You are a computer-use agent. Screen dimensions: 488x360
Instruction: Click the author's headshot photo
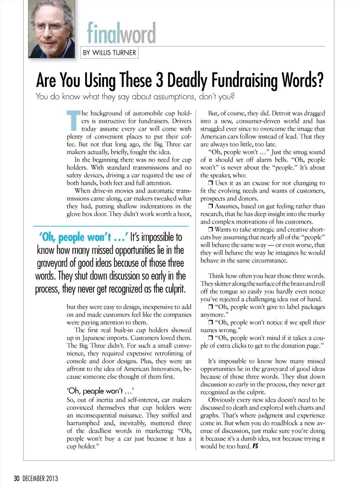pos(51,29)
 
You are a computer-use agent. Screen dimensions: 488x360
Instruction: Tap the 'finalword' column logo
pos(121,33)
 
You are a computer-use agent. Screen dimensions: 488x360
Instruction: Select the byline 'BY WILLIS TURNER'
pos(109,53)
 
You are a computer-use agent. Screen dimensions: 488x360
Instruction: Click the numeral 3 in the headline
pos(160,80)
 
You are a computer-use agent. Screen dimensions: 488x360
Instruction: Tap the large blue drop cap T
pos(74,120)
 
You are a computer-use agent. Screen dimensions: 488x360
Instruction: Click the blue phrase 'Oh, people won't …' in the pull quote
pos(83,237)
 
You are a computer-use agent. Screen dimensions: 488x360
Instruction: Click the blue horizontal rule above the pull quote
pos(111,226)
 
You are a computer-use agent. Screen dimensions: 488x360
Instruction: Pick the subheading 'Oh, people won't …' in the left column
pos(100,391)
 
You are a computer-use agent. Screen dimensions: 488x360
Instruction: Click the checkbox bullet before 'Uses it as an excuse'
pos(211,183)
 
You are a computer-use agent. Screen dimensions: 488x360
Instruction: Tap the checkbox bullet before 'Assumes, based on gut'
pos(211,206)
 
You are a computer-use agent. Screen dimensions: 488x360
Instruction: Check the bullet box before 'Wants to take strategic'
pos(211,229)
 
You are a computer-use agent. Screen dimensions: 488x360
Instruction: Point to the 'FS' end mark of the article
pos(255,446)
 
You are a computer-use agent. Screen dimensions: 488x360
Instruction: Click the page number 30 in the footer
pos(17,479)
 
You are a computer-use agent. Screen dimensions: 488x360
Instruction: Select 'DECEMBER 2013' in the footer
pos(40,479)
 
